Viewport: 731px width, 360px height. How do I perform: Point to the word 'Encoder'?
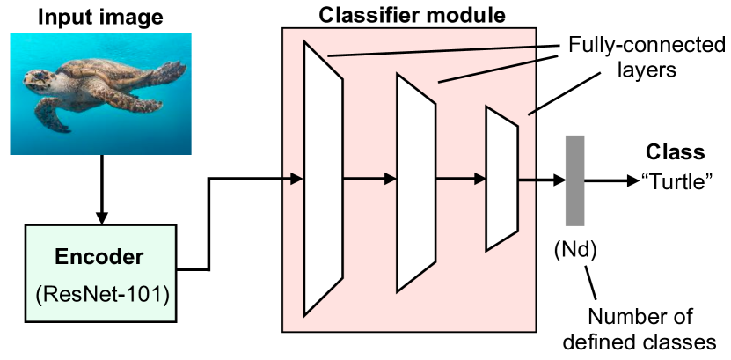[x=99, y=258]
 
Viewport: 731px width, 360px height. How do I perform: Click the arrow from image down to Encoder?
[x=102, y=189]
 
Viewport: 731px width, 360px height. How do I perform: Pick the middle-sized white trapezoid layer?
[x=415, y=180]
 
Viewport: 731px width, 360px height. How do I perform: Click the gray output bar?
[x=575, y=180]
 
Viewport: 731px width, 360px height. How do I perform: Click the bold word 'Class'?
[x=675, y=152]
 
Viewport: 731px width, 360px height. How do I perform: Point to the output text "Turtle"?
[x=677, y=180]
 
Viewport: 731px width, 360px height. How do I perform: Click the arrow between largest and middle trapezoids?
[x=369, y=180]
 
